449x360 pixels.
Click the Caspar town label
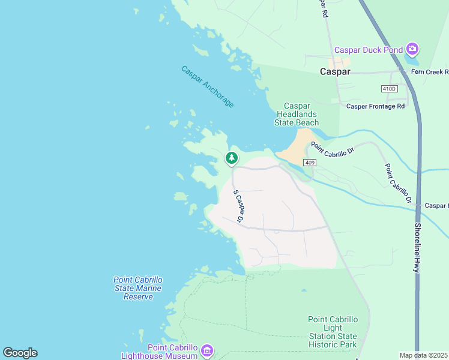[x=335, y=71]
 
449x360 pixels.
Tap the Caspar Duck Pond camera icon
[x=412, y=49]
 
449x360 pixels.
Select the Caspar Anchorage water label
[x=208, y=86]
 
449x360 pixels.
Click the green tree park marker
[x=231, y=158]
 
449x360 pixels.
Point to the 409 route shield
[x=310, y=163]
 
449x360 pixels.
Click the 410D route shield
[x=389, y=89]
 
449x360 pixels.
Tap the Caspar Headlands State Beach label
[x=297, y=114]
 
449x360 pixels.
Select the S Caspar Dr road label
[x=238, y=207]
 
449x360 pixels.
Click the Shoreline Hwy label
[x=416, y=248]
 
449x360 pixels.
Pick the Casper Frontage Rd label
[x=376, y=106]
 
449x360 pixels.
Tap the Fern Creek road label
[x=429, y=72]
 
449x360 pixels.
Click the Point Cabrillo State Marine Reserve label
[x=138, y=288]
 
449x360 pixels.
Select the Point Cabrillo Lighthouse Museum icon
[x=207, y=350]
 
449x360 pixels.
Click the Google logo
[x=20, y=352]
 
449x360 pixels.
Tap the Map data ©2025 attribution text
[x=423, y=355]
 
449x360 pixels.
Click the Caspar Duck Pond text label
[x=368, y=50]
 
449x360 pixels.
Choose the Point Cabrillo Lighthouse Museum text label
[x=160, y=352]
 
